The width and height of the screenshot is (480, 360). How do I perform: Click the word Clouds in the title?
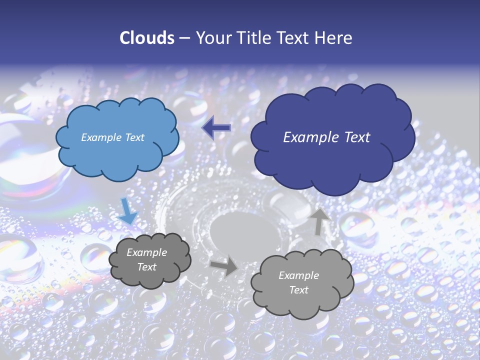(x=147, y=38)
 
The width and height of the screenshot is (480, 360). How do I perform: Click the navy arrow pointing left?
(x=216, y=128)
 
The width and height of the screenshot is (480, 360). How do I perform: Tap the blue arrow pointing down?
(x=127, y=210)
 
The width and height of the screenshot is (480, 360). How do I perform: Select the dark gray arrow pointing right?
(x=223, y=265)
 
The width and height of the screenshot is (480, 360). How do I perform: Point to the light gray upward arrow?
(x=319, y=221)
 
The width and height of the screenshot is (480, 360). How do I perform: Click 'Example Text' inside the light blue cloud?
(x=112, y=137)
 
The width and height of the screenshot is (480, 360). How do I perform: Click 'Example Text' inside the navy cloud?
(x=326, y=137)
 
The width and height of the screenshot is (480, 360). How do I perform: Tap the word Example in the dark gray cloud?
(x=146, y=252)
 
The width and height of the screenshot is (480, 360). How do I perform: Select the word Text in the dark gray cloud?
(x=146, y=267)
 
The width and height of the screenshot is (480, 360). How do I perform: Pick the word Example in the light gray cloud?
(x=298, y=275)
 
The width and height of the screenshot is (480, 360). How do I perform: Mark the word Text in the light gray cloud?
(x=298, y=290)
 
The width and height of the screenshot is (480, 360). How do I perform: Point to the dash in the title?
(x=183, y=38)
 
